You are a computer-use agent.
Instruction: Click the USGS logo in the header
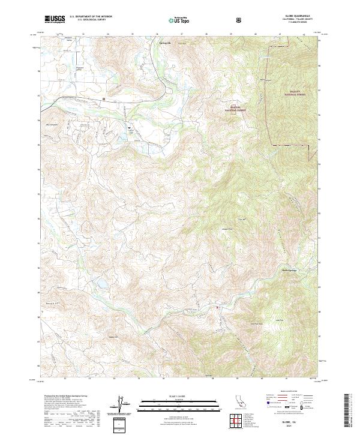coord(54,20)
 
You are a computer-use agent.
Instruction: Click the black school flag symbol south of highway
coord(130,128)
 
